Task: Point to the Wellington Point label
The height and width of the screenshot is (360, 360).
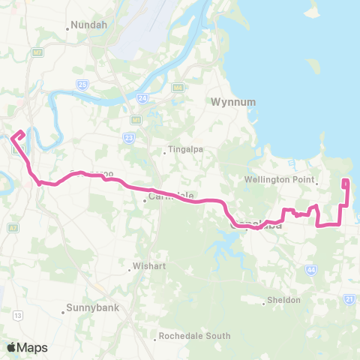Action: pyautogui.click(x=278, y=180)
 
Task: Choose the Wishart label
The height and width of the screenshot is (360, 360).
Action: pyautogui.click(x=148, y=265)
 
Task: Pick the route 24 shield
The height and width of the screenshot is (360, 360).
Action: pyautogui.click(x=142, y=97)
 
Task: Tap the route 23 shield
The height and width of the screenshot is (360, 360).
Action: pyautogui.click(x=128, y=137)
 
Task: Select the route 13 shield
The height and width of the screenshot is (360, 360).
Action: pyautogui.click(x=17, y=315)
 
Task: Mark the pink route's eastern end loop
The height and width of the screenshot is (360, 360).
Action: pyautogui.click(x=345, y=184)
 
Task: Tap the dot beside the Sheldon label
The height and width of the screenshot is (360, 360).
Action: pyautogui.click(x=264, y=303)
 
